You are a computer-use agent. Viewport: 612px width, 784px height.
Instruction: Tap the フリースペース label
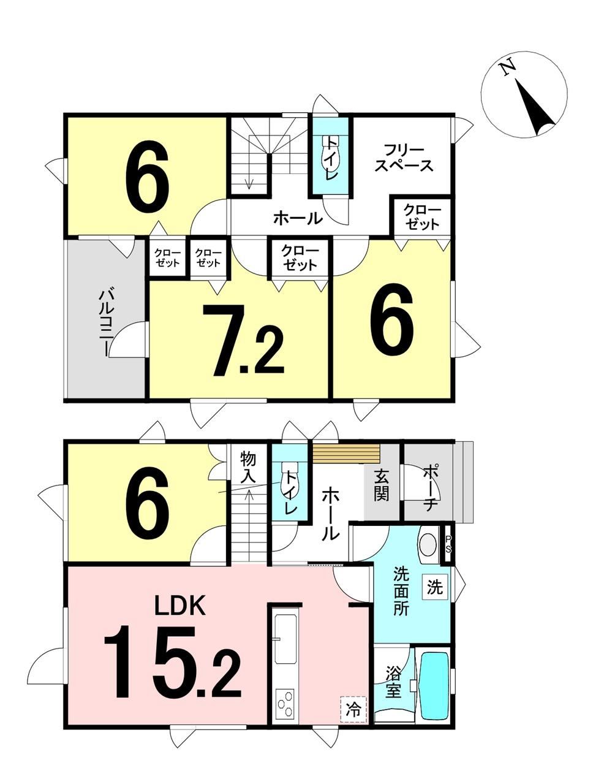point(404,158)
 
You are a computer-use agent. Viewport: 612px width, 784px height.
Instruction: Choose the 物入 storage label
point(248,468)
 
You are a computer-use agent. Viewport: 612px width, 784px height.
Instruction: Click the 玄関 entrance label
point(381,485)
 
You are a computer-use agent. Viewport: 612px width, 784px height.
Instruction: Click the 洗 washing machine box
point(436,587)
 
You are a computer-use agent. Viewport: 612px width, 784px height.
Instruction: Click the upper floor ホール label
point(298,219)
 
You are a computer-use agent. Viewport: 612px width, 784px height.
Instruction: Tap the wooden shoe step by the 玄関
point(346,454)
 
